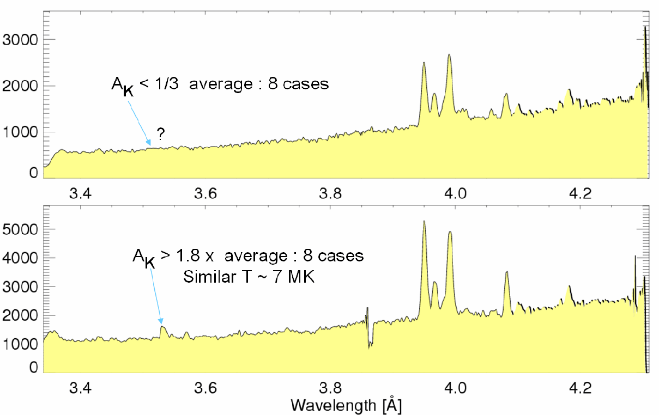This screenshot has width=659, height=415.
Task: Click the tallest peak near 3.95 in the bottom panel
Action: coord(424,222)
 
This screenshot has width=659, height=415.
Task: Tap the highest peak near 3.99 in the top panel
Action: coord(449,55)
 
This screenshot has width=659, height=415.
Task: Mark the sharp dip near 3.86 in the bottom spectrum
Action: coord(370,344)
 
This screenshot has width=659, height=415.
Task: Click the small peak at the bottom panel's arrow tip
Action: coord(162,327)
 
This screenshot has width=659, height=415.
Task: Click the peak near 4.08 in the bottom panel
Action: coord(506,272)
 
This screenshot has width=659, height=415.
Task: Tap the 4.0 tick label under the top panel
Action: coord(455,194)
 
